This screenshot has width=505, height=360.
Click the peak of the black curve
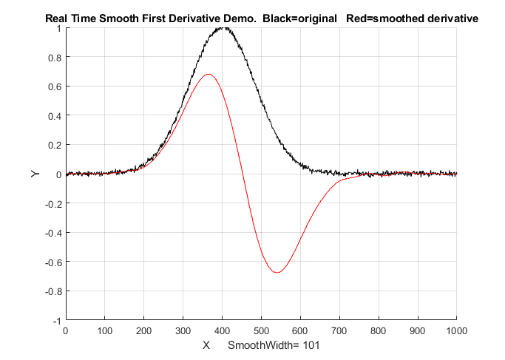pyautogui.click(x=224, y=28)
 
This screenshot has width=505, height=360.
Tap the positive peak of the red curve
pyautogui.click(x=209, y=74)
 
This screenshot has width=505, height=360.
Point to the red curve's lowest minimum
pyautogui.click(x=277, y=272)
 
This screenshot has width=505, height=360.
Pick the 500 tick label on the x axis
pyautogui.click(x=261, y=332)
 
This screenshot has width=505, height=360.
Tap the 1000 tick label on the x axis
pyautogui.click(x=456, y=332)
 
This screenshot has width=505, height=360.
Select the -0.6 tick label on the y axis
pyautogui.click(x=52, y=262)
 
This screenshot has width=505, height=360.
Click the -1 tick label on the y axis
pyautogui.click(x=56, y=321)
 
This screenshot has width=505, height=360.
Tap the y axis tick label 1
pyautogui.click(x=58, y=28)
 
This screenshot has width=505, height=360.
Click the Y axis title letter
pyautogui.click(x=35, y=174)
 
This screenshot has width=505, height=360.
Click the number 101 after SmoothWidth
pyautogui.click(x=310, y=345)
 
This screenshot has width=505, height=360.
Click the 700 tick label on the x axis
pyautogui.click(x=339, y=332)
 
